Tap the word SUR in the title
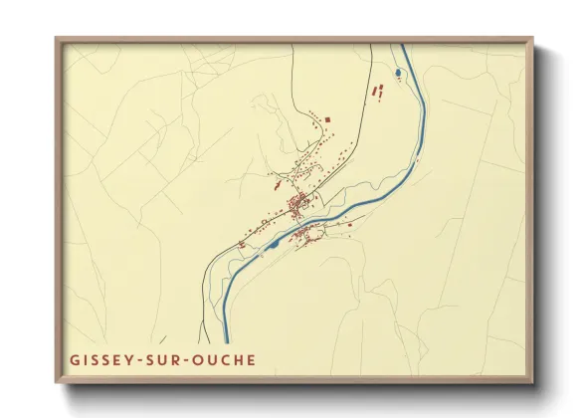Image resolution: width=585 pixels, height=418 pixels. [167, 359]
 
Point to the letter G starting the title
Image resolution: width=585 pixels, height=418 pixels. [75, 359]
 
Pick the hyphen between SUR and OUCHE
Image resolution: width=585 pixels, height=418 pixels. [191, 359]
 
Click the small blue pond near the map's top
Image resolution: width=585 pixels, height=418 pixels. [398, 73]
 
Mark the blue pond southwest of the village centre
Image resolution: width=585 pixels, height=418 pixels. [274, 243]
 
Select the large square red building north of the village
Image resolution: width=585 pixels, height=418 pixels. [327, 120]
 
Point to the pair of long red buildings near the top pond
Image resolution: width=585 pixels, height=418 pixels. [377, 91]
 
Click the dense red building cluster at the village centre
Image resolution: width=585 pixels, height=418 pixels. [296, 206]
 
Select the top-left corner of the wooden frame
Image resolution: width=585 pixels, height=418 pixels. [57, 40]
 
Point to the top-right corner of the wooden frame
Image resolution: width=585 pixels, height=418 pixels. [531, 40]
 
